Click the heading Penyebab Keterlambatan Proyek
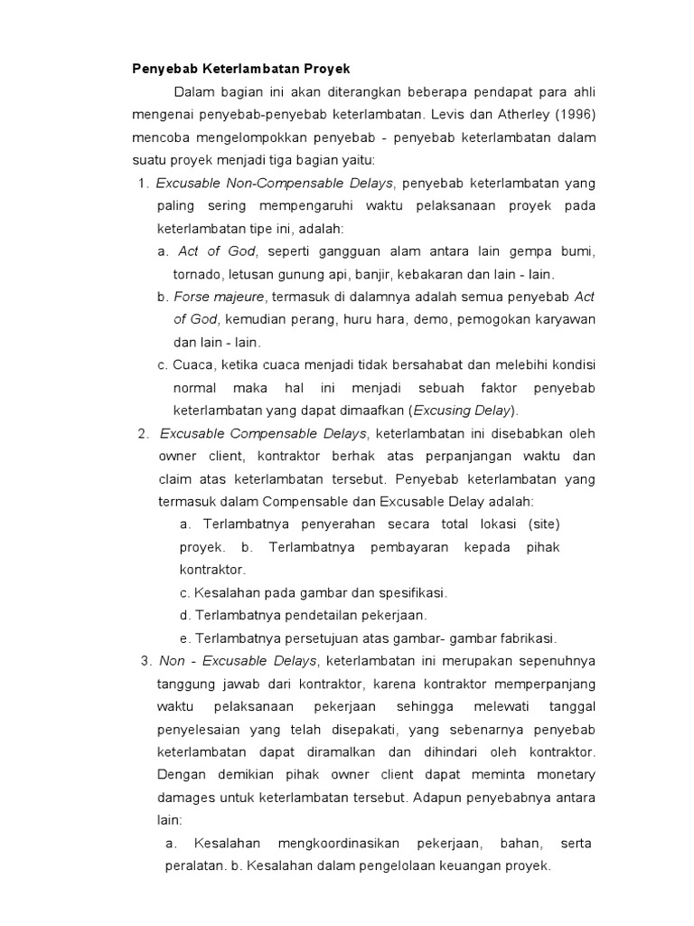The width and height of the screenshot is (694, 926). pyautogui.click(x=240, y=69)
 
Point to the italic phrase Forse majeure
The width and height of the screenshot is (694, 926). pyautogui.click(x=220, y=297)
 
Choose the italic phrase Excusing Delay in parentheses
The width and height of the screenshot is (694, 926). pyautogui.click(x=464, y=410)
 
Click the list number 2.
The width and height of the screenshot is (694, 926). pyautogui.click(x=143, y=432)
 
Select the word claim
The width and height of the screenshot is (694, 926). pyautogui.click(x=177, y=477)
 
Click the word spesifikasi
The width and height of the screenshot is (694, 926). pyautogui.click(x=407, y=592)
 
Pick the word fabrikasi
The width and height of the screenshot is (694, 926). pyautogui.click(x=524, y=638)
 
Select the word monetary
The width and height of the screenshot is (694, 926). pyautogui.click(x=558, y=774)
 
